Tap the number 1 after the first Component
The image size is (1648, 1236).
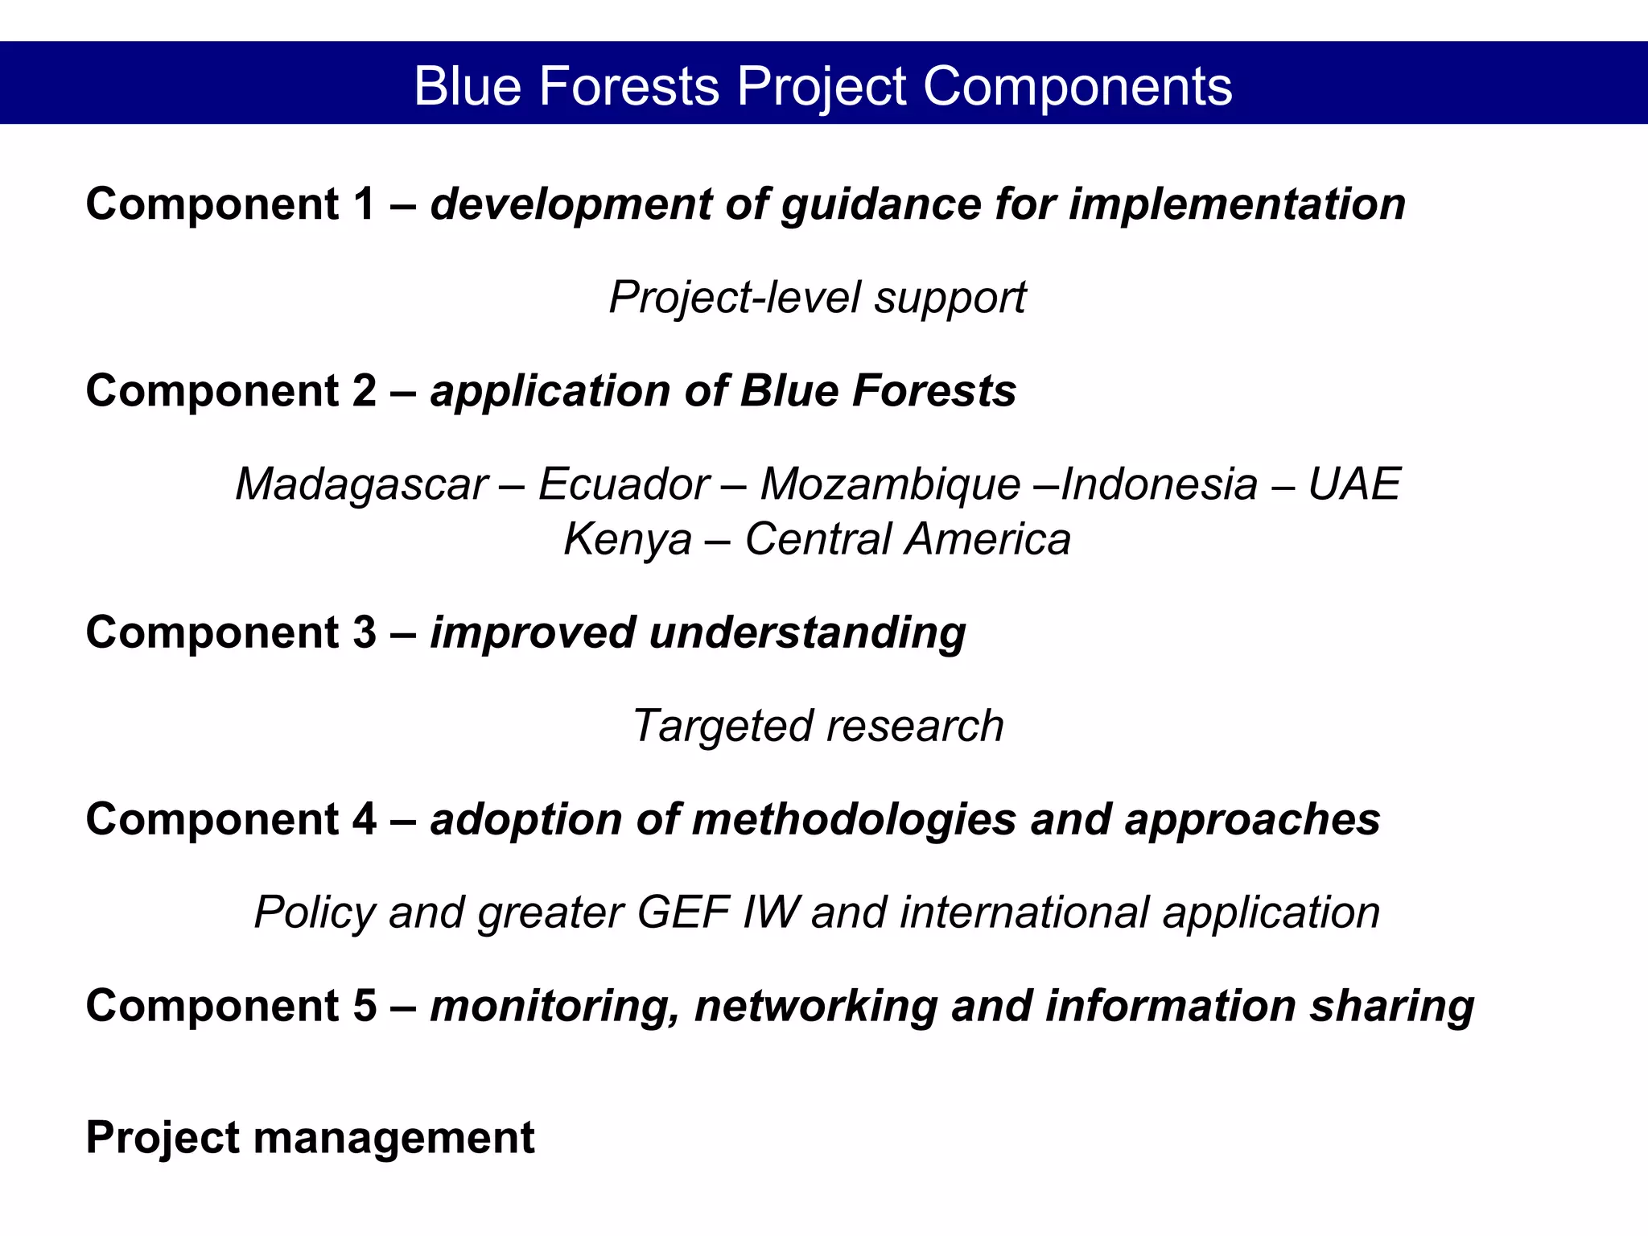pos(363,204)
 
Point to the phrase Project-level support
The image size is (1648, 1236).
pos(817,298)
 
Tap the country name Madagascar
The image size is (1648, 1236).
pos(361,484)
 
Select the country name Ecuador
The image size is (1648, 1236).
pos(624,484)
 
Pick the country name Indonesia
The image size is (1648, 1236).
pos(1159,484)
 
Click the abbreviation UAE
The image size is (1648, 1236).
pos(1354,484)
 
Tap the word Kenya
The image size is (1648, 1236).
pos(627,539)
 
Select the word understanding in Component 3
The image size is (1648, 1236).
pos(807,632)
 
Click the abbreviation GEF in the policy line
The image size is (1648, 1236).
pos(683,913)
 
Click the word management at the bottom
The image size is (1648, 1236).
pos(393,1138)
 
